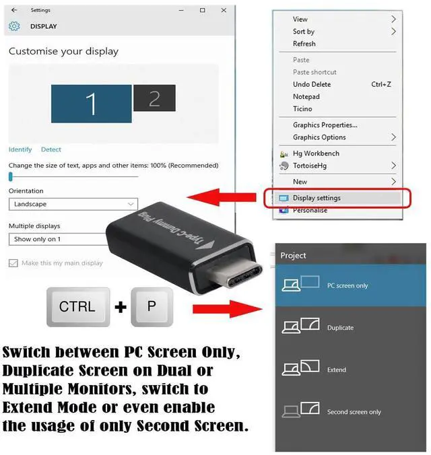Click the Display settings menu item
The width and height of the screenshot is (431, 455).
pyautogui.click(x=317, y=198)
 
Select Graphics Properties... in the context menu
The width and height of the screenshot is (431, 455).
pyautogui.click(x=325, y=125)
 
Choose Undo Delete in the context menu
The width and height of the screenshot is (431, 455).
pyautogui.click(x=311, y=84)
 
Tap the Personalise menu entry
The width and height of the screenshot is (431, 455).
pyautogui.click(x=310, y=210)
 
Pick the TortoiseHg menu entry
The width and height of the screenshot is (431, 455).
pyautogui.click(x=312, y=166)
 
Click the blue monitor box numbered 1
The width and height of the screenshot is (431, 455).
pyautogui.click(x=91, y=104)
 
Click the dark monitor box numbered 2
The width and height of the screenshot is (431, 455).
pyautogui.click(x=154, y=98)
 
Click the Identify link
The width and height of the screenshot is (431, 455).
pyautogui.click(x=20, y=149)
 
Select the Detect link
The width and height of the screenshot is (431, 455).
pyautogui.click(x=51, y=149)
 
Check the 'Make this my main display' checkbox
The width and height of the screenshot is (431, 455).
pyautogui.click(x=13, y=263)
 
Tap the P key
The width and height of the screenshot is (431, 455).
pyautogui.click(x=151, y=307)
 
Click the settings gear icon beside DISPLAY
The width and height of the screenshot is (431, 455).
pyautogui.click(x=14, y=26)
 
